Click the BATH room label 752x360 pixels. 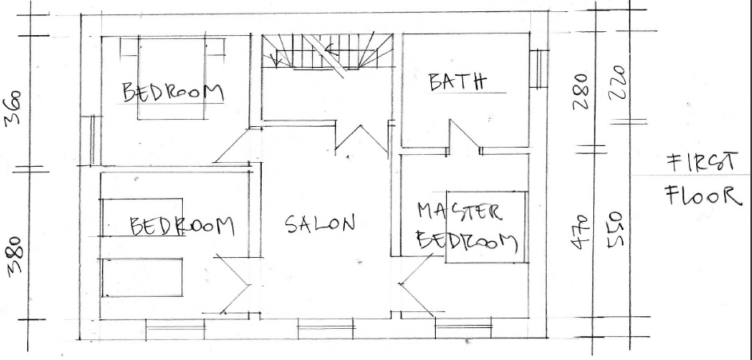click(x=457, y=82)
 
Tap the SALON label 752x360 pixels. click(x=320, y=224)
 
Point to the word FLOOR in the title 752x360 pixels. click(x=703, y=195)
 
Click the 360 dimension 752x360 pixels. click(x=13, y=108)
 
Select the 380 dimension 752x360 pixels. click(x=15, y=256)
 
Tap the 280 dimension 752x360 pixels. click(x=580, y=91)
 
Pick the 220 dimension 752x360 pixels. click(x=618, y=82)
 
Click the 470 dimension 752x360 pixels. click(x=580, y=232)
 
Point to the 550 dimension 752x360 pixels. click(x=615, y=230)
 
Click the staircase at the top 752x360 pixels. click(x=327, y=52)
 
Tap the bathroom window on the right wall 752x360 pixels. click(x=539, y=69)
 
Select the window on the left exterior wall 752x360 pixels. click(x=91, y=141)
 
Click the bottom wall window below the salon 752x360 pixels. click(x=327, y=330)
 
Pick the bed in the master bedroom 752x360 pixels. click(x=486, y=227)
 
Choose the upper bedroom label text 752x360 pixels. click(x=173, y=92)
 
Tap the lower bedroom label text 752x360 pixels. click(x=182, y=226)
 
